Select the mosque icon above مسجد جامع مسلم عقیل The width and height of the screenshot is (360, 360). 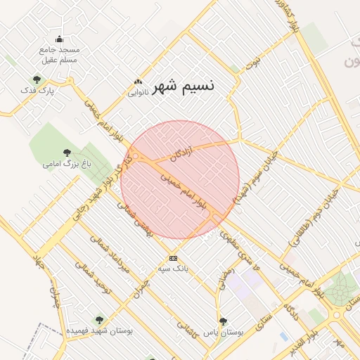(x=59, y=39)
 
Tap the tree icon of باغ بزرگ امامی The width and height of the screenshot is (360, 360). (x=67, y=152)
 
